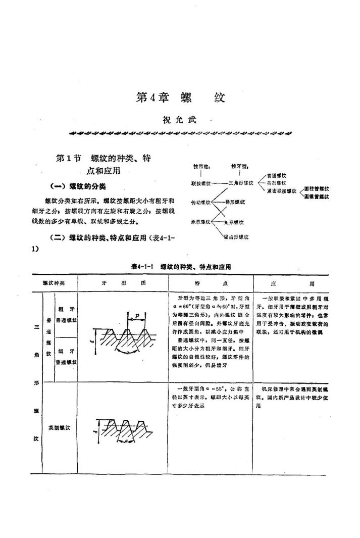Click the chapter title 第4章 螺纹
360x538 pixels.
tap(180, 98)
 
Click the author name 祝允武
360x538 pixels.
tap(180, 120)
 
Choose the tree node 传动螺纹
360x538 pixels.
tap(200, 202)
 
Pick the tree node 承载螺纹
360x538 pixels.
tap(200, 222)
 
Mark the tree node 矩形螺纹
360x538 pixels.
tap(235, 222)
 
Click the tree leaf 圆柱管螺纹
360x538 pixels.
tap(317, 188)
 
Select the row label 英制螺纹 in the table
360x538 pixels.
tap(59, 427)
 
